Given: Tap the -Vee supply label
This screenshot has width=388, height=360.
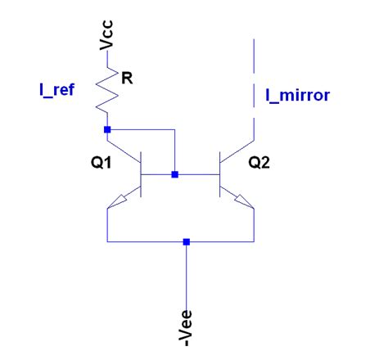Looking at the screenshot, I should [187, 323].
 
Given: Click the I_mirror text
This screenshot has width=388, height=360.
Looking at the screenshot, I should [297, 95].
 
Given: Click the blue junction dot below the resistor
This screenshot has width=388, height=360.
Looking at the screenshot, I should [107, 129].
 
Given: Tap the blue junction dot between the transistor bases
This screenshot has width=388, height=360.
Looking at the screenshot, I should [174, 174].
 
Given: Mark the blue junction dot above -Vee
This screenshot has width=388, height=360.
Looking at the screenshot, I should [187, 242].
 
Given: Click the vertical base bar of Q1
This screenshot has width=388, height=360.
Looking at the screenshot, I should [142, 175].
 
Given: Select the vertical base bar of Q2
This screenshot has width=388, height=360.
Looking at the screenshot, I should [220, 175].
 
